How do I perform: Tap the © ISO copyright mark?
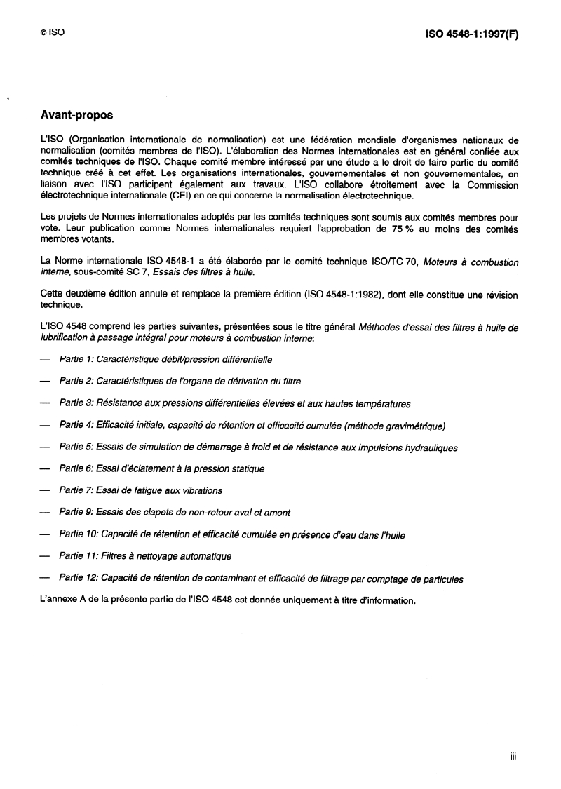coord(53,32)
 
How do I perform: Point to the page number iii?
coord(513,757)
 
